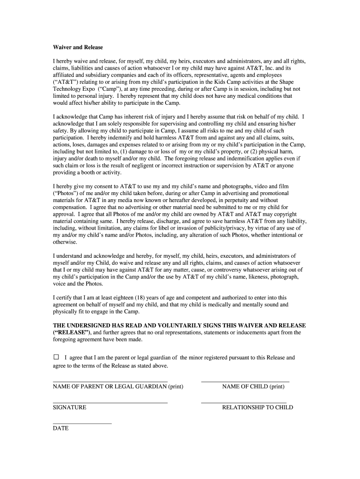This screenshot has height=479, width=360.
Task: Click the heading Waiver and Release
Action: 78,48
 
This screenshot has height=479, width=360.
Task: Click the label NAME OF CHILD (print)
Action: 253,386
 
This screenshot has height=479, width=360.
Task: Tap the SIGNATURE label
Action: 70,407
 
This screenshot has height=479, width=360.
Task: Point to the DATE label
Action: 61,428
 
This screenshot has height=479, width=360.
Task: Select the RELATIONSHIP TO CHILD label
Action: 258,407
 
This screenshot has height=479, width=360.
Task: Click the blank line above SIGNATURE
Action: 110,403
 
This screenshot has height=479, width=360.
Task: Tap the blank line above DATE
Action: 82,423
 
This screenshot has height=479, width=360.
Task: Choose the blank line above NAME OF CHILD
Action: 245,382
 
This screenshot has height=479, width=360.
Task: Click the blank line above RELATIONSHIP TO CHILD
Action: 244,403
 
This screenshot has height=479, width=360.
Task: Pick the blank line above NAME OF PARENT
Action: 110,382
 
